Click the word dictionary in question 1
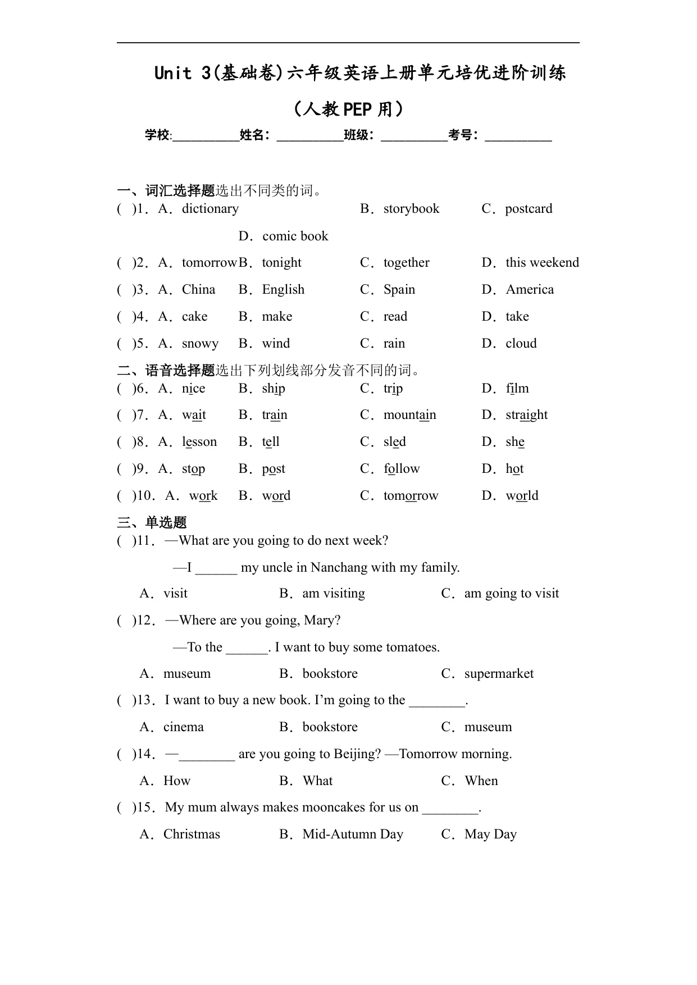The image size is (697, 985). click(210, 209)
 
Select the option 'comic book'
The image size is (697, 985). click(295, 236)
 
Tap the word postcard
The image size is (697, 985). click(529, 209)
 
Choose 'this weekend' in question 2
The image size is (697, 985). click(542, 263)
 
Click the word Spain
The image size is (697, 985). click(399, 290)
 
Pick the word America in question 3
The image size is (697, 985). click(530, 290)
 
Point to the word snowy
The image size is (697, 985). click(200, 344)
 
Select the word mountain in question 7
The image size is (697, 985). click(409, 415)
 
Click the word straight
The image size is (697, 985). click(526, 415)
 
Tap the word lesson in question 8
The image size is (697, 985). click(199, 442)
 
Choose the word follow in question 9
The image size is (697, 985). click(402, 469)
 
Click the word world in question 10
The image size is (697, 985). click(522, 496)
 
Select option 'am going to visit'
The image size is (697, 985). click(512, 594)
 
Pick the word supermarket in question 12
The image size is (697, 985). click(499, 674)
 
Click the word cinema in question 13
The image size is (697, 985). click(183, 727)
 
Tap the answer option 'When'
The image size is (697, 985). click(481, 781)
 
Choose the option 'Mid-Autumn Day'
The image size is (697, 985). click(353, 834)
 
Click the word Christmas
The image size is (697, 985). click(192, 834)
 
